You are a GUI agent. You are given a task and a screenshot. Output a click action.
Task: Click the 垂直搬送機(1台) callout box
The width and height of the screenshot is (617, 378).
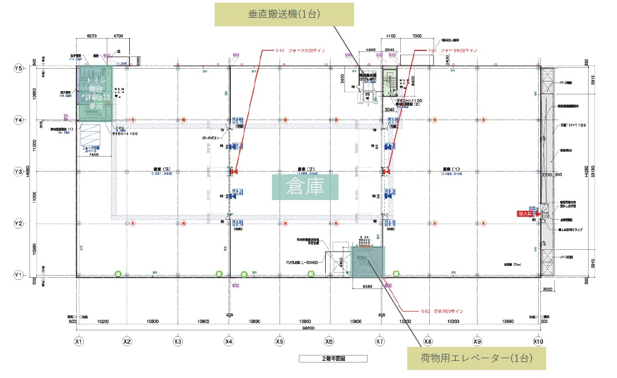pyautogui.click(x=284, y=14)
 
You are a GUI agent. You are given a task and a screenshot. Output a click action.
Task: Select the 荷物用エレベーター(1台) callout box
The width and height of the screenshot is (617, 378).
pyautogui.click(x=476, y=359)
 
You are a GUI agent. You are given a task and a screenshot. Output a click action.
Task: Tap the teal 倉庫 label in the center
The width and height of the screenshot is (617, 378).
pyautogui.click(x=306, y=187)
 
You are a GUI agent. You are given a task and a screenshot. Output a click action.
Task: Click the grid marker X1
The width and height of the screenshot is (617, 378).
pyautogui.click(x=79, y=341)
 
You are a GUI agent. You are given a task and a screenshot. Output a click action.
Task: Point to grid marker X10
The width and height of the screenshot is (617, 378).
pyautogui.click(x=538, y=341)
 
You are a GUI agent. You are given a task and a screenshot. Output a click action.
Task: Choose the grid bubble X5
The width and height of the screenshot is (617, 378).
pyautogui.click(x=279, y=341)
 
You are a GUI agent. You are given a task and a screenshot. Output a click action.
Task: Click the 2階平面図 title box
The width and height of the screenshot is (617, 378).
pyautogui.click(x=333, y=358)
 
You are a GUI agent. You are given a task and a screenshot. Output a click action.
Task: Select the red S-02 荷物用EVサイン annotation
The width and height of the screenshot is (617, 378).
pyautogui.click(x=442, y=311)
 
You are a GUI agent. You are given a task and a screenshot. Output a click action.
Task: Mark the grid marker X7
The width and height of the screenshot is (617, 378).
pyautogui.click(x=380, y=341)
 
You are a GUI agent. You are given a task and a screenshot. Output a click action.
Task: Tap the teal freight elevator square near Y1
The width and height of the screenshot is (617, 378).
pyautogui.click(x=368, y=262)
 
